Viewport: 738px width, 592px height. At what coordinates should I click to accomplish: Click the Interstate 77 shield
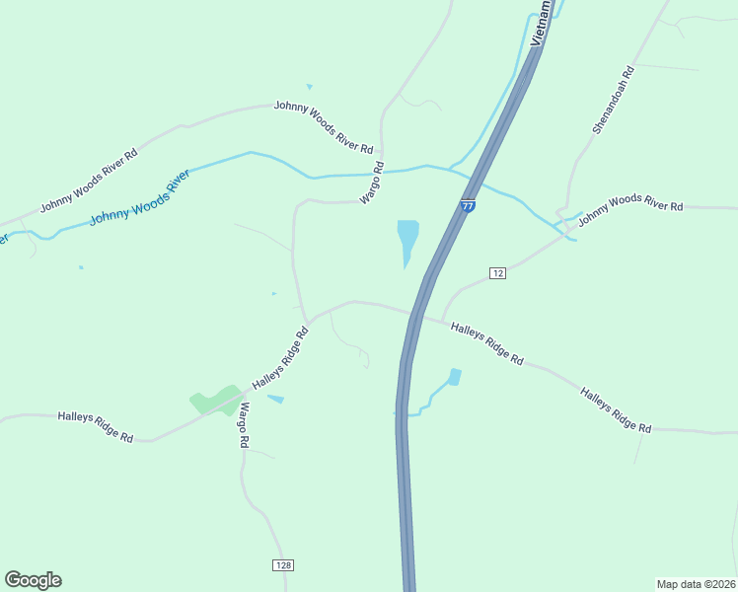(x=468, y=205)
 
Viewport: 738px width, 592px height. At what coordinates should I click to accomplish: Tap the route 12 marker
(x=497, y=272)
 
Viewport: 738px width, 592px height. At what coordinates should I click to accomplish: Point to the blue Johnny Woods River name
(x=139, y=198)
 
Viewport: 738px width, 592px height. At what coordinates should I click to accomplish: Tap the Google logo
(x=33, y=580)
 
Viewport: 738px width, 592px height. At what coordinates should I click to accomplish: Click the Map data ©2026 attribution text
(x=696, y=583)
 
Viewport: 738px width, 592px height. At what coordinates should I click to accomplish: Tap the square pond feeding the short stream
(x=454, y=376)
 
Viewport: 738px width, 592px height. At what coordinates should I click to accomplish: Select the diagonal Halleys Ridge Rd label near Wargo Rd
(x=281, y=357)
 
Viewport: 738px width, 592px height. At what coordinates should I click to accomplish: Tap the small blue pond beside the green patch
(x=275, y=399)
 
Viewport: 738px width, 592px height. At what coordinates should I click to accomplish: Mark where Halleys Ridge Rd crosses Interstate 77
(x=414, y=315)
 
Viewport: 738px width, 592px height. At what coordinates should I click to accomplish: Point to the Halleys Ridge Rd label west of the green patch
(x=95, y=426)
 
